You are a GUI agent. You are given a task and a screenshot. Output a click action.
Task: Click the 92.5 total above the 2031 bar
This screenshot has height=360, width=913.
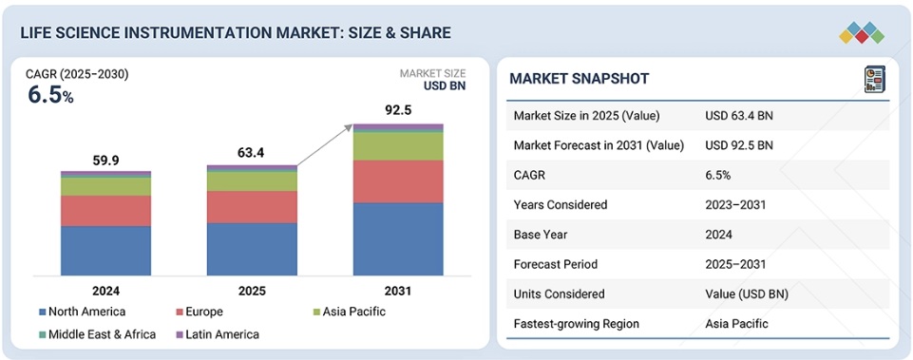tap(398, 110)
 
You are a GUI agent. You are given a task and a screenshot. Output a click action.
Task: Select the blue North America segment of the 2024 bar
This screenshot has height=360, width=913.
tap(106, 251)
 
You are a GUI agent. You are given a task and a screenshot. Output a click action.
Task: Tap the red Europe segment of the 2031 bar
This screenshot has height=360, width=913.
tap(398, 181)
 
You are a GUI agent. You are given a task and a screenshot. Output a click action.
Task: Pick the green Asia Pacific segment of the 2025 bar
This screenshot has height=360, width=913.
tap(252, 181)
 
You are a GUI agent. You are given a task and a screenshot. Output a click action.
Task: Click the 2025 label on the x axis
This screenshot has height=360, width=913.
tap(252, 290)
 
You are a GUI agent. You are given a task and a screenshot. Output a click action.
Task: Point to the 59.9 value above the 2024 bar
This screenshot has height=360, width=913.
tap(106, 161)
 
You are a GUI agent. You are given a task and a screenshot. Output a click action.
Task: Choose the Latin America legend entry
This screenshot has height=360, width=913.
tap(218, 334)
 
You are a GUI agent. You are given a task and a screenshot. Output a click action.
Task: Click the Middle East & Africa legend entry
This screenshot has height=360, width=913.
tap(97, 334)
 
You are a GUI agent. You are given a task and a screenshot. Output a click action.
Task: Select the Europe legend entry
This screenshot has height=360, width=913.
tap(200, 312)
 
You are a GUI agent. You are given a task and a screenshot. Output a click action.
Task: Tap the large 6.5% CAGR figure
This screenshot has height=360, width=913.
tap(50, 95)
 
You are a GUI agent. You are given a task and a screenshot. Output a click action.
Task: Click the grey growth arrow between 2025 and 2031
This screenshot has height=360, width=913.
tap(325, 145)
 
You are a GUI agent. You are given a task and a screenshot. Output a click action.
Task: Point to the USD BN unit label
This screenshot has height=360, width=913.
tap(445, 86)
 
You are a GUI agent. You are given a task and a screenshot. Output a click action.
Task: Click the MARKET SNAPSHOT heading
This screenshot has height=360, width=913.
tap(580, 79)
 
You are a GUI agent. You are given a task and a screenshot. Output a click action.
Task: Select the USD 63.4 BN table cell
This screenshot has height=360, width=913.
tap(739, 115)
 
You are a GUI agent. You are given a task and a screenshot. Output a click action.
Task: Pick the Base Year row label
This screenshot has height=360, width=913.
tap(541, 235)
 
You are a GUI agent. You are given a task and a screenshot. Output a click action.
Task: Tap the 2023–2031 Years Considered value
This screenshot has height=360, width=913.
tap(735, 204)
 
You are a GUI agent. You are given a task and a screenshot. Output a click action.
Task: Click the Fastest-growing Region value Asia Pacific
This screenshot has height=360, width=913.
tap(736, 323)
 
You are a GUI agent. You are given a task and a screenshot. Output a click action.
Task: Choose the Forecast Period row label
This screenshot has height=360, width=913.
tap(555, 264)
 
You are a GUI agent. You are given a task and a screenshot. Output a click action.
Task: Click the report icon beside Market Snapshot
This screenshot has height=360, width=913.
tap(875, 79)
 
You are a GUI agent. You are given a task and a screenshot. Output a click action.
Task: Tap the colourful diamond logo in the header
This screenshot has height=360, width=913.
tap(862, 32)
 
